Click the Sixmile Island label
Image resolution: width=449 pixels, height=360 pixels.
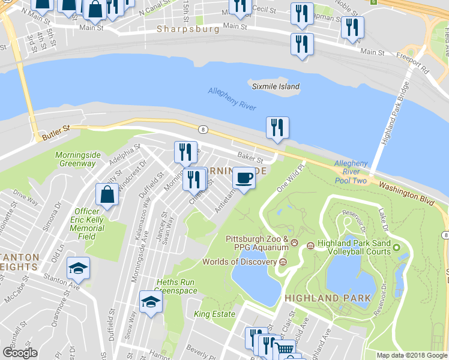pyautogui.click(x=276, y=86)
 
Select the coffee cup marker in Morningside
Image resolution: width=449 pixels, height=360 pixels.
pyautogui.click(x=243, y=179)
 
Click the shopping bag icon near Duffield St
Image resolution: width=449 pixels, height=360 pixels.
pyautogui.click(x=107, y=194)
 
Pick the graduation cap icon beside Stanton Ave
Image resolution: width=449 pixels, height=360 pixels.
pyautogui.click(x=78, y=268)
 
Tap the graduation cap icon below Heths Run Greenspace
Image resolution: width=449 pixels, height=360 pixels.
pyautogui.click(x=151, y=302)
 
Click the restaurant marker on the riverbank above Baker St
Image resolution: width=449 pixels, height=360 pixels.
pyautogui.click(x=277, y=128)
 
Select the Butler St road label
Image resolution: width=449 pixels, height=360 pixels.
pyautogui.click(x=56, y=133)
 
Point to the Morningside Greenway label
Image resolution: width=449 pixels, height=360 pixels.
pyautogui.click(x=76, y=159)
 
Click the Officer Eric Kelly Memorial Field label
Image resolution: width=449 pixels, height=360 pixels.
pyautogui.click(x=87, y=223)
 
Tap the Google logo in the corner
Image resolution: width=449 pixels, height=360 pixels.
pyautogui.click(x=19, y=353)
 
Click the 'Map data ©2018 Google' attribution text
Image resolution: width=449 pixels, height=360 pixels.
pyautogui.click(x=412, y=355)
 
